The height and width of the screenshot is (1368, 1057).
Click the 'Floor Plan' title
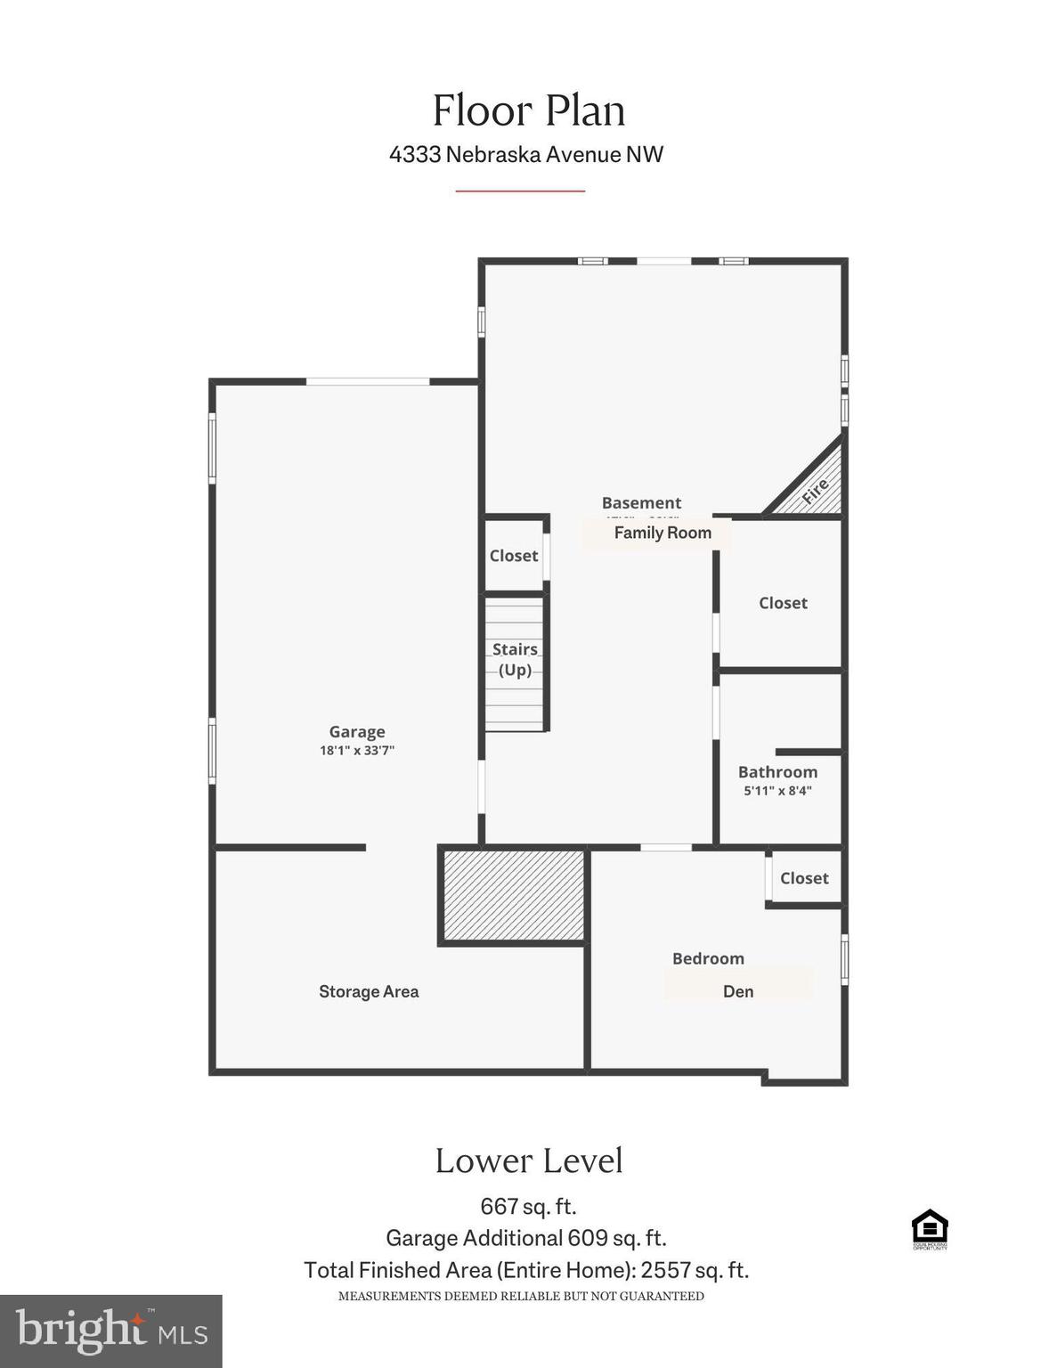coord(529,111)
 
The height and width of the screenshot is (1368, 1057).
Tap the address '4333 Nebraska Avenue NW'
coord(526,154)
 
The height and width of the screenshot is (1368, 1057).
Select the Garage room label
coord(357,731)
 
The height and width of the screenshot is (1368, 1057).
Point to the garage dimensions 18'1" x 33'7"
coord(357,751)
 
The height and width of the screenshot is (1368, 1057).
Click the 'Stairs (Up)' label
coord(515,659)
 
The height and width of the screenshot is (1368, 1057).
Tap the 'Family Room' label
coord(663,533)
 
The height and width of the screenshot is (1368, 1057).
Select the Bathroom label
coord(777,772)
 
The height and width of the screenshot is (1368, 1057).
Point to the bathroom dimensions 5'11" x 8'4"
coord(777,791)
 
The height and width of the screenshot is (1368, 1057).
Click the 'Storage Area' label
coord(369,991)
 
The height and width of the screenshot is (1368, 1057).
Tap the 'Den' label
coord(738,991)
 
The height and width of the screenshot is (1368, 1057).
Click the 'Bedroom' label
coord(708,958)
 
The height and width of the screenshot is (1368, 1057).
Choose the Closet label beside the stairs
coord(514,556)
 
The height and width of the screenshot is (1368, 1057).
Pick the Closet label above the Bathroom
coord(783,603)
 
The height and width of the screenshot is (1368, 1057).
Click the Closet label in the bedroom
coord(804,878)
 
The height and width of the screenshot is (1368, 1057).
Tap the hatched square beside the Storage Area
coord(514,895)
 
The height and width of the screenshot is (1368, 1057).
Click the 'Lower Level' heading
coord(529,1160)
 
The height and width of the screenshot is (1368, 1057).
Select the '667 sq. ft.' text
coord(528,1207)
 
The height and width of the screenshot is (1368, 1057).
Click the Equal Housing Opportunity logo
coord(930,1229)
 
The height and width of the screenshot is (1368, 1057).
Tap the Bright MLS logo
coord(111,1331)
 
